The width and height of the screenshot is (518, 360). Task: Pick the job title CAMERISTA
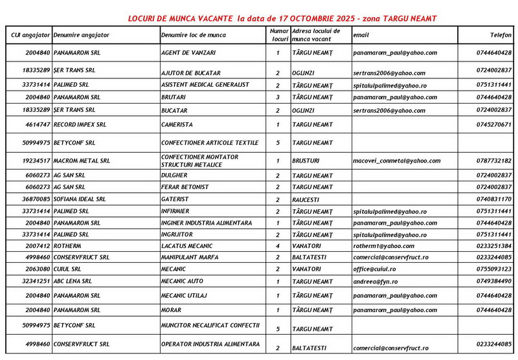(x=177, y=124)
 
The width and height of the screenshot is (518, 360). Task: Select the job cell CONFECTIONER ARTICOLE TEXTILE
(x=210, y=142)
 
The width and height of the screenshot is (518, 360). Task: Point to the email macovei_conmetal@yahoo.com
(x=397, y=161)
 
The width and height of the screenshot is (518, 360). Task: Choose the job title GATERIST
(x=175, y=199)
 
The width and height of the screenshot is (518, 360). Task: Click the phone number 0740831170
(x=493, y=199)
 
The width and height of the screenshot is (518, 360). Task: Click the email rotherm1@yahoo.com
(x=384, y=246)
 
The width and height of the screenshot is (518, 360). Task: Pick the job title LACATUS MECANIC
(x=186, y=246)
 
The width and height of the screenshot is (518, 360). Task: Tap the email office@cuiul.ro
(x=379, y=268)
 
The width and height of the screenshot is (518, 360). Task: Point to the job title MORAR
(x=172, y=309)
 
